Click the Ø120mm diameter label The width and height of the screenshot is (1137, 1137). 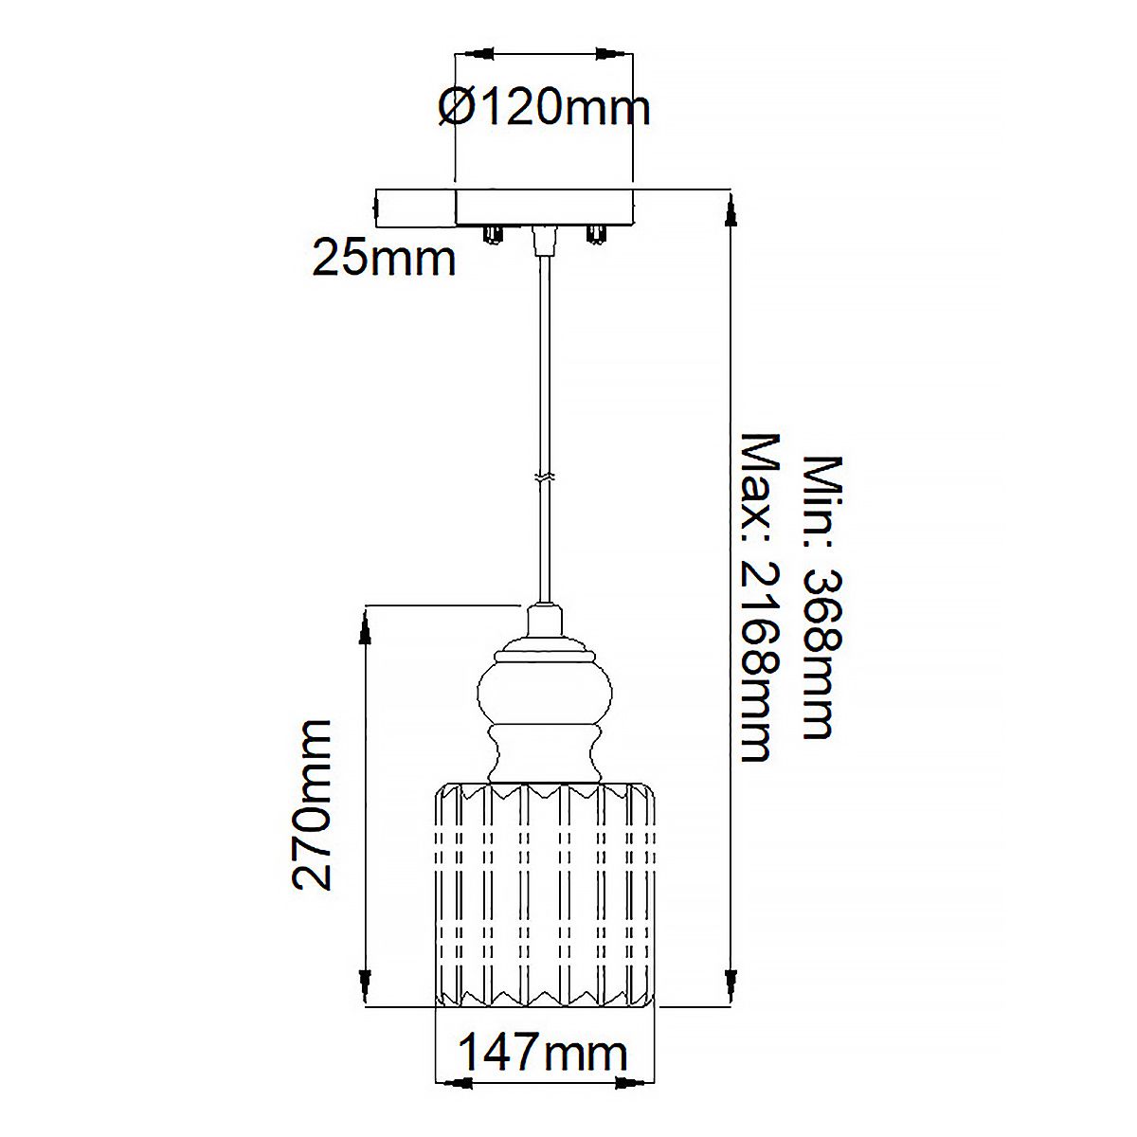(544, 107)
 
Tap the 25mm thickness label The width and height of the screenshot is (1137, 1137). (384, 259)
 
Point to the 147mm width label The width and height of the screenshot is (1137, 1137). (543, 1054)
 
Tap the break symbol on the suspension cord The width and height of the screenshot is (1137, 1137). (544, 479)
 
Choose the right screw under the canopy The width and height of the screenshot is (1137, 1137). (596, 234)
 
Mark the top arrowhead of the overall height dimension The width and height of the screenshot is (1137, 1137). (731, 210)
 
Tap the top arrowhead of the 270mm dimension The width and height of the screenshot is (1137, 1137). (365, 625)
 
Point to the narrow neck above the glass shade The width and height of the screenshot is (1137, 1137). (544, 758)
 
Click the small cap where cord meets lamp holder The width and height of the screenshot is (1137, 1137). (544, 622)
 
